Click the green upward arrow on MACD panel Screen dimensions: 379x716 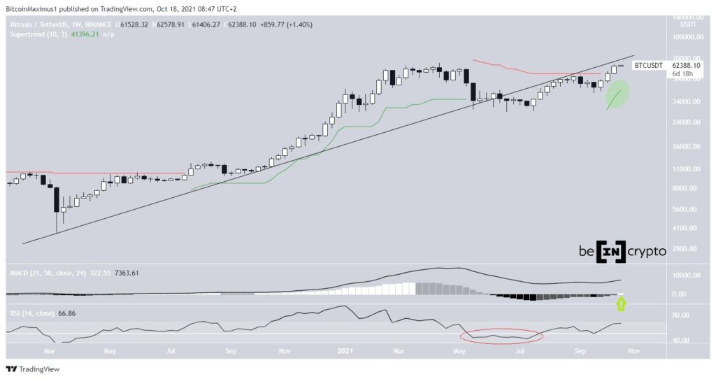coord(620,303)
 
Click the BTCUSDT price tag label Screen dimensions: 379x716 coord(648,65)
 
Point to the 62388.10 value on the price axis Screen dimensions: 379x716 coord(687,65)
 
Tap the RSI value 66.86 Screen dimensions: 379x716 coord(66,313)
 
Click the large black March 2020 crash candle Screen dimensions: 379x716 coord(55,199)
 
